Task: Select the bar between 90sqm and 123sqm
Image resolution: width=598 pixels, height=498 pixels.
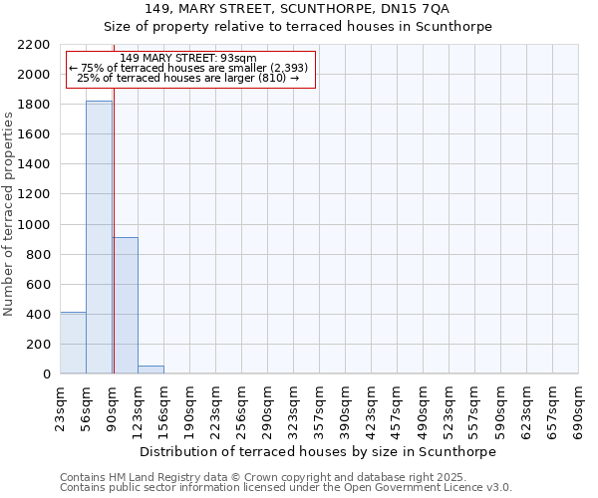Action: coord(125,305)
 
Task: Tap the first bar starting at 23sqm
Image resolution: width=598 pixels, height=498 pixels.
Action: coord(73,343)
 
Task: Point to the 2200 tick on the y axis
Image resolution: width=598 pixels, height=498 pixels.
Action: coord(36,45)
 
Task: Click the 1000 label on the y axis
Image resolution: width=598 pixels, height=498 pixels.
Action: coord(36,225)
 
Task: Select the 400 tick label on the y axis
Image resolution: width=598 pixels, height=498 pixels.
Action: coord(40,315)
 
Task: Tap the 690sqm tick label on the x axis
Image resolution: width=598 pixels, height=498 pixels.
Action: coord(579,408)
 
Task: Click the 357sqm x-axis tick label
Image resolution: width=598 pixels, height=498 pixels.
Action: coord(320,408)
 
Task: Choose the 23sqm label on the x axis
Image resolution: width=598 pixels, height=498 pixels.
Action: coord(61,408)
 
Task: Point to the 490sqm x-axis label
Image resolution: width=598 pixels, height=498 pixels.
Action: coord(424,408)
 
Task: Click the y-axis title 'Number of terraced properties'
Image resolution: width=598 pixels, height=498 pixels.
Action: coord(9,213)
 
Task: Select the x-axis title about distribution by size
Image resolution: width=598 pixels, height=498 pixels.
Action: coord(317,451)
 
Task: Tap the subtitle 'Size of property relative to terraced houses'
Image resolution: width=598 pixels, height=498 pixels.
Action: coord(298,27)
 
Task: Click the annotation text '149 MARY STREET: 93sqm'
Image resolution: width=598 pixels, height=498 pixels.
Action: coord(188,59)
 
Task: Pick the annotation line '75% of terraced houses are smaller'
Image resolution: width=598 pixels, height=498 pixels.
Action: coord(188,68)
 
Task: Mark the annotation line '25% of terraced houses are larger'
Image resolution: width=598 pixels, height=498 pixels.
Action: coord(188,78)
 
